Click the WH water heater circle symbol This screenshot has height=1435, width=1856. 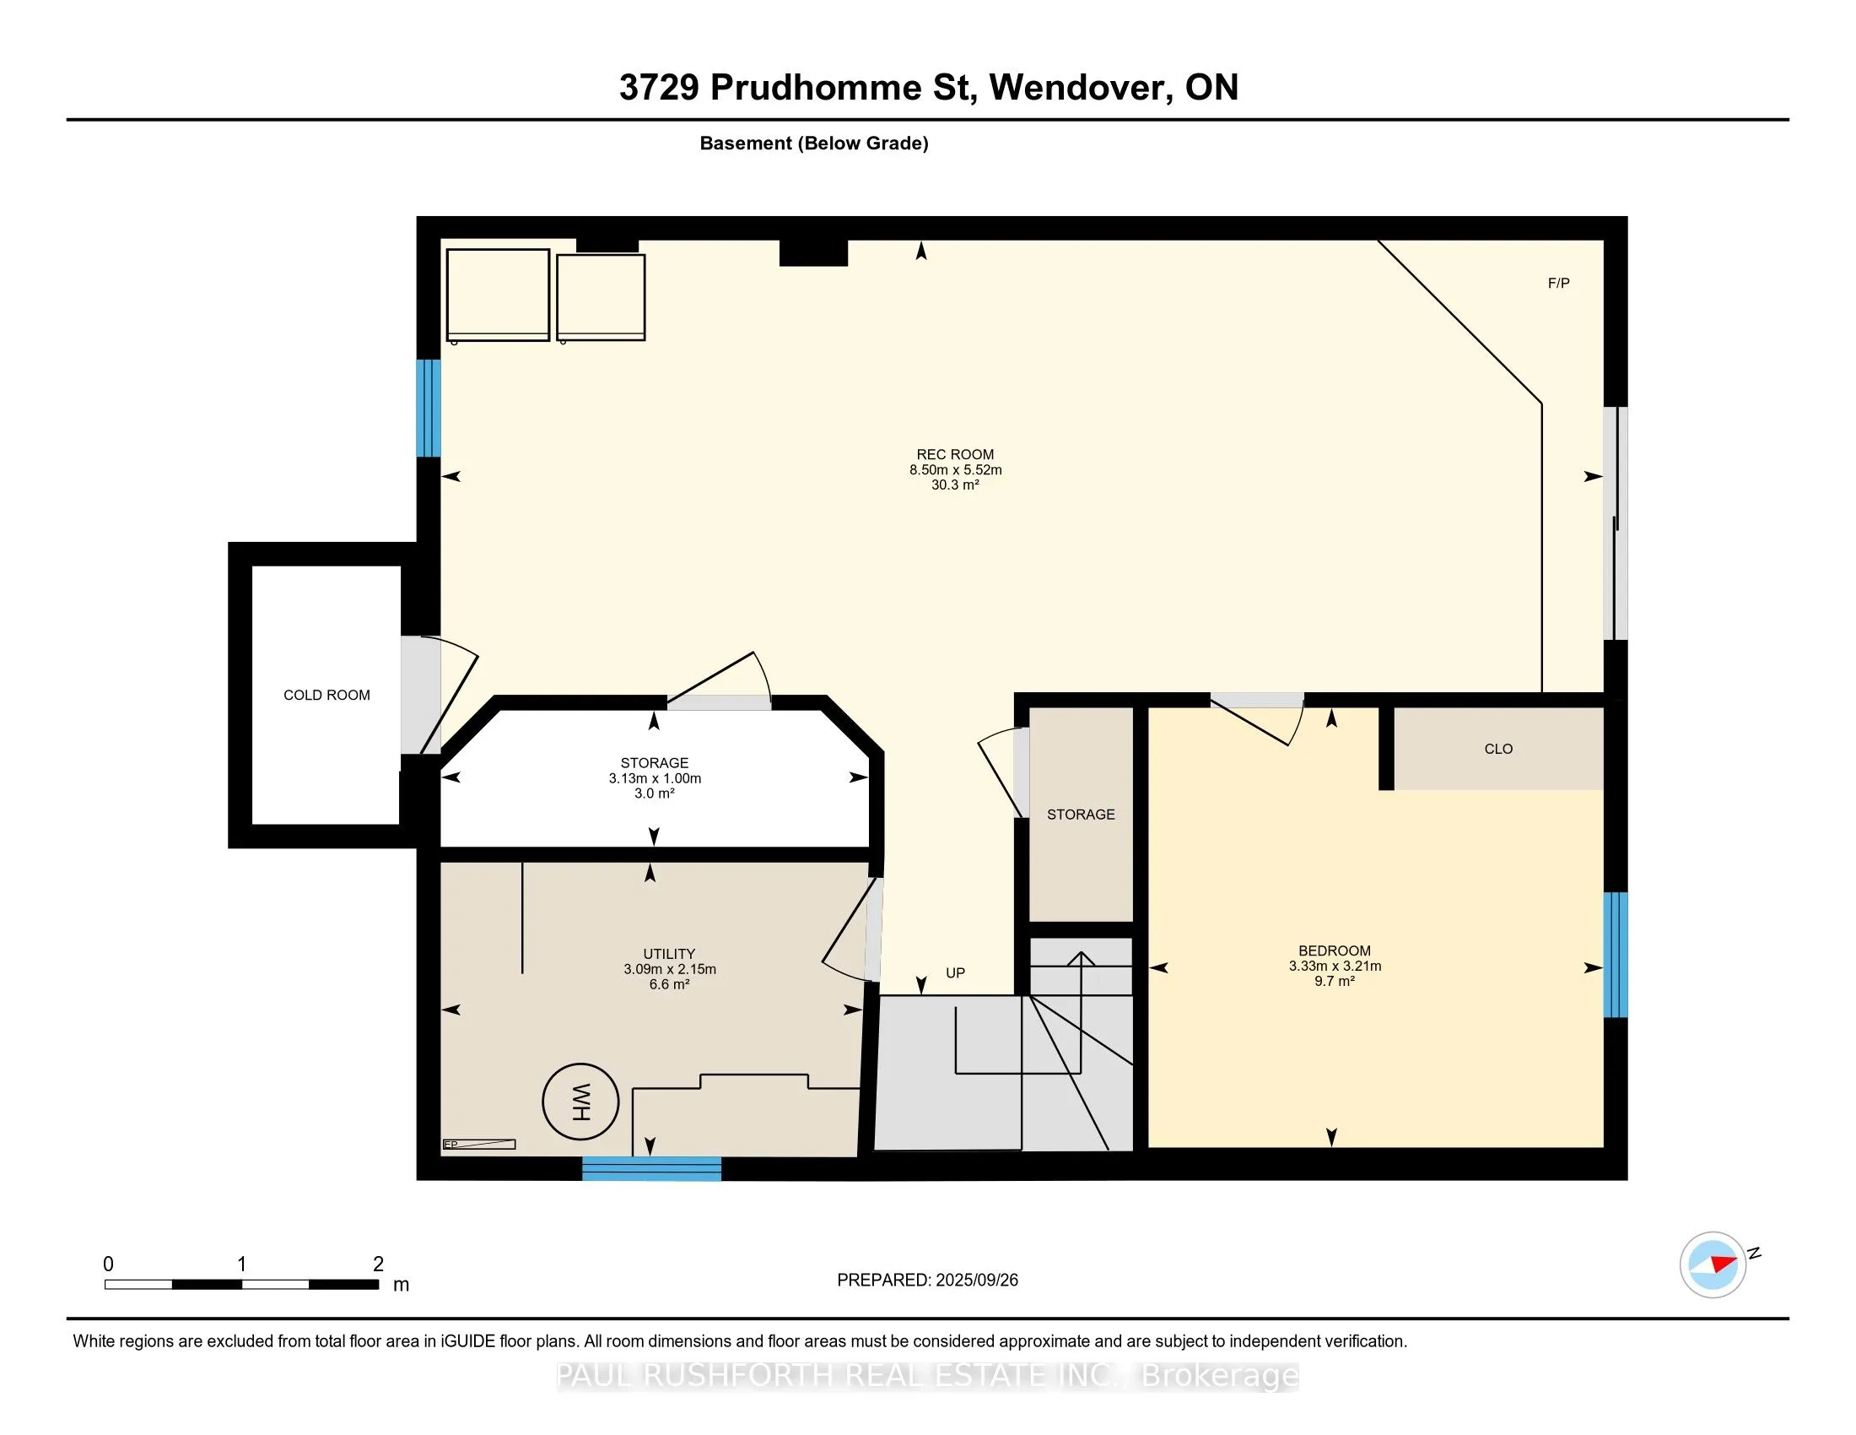(x=580, y=1102)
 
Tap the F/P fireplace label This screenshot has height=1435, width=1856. (x=1558, y=283)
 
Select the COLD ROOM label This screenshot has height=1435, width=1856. (x=327, y=696)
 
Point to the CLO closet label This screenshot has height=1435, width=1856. (x=1498, y=749)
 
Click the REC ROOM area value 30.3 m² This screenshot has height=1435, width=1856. (x=955, y=485)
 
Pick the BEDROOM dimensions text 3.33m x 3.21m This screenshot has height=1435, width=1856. (x=1335, y=966)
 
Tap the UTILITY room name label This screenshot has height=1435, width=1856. (x=670, y=954)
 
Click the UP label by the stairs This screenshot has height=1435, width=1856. (x=955, y=972)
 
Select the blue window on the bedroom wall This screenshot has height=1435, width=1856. (x=1616, y=954)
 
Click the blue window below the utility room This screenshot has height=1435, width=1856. (x=652, y=1169)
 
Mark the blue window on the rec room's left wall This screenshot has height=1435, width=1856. (x=429, y=408)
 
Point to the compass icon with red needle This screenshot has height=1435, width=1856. (x=1713, y=1264)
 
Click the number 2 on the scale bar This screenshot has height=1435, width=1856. (x=378, y=1264)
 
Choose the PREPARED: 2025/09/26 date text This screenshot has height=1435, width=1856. (x=927, y=1281)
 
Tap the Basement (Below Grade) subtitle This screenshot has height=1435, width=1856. (x=814, y=143)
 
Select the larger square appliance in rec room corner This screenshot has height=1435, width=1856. (x=498, y=295)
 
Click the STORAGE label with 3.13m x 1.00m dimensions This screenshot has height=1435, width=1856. (x=655, y=763)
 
